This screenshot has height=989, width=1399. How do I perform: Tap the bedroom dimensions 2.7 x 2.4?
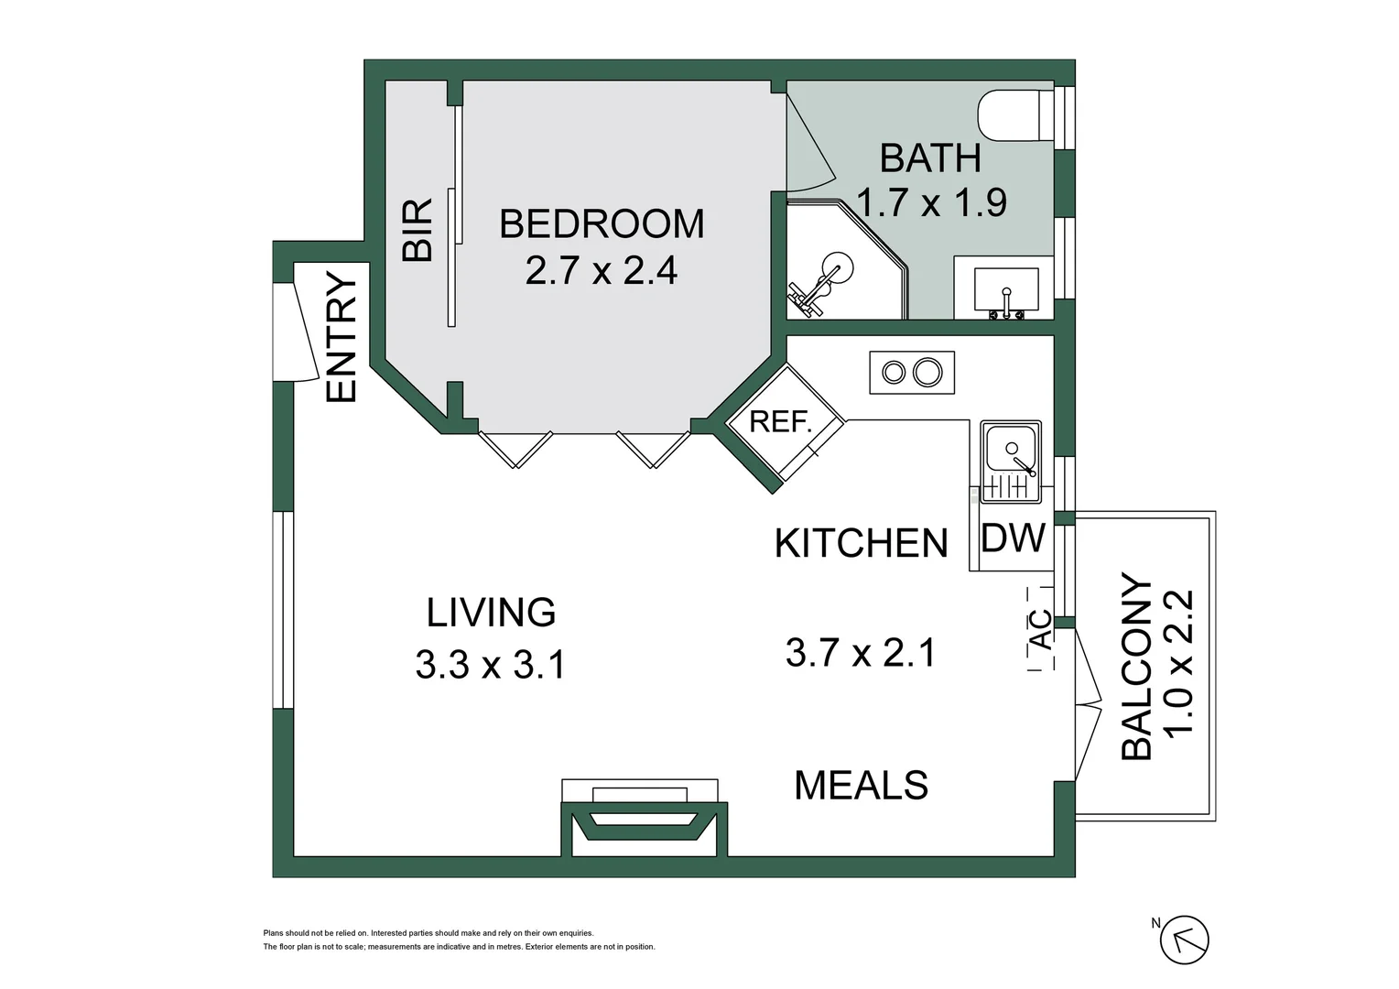click(x=602, y=271)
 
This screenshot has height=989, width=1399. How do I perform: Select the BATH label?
click(x=930, y=158)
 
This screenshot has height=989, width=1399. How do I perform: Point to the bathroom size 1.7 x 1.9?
click(x=931, y=202)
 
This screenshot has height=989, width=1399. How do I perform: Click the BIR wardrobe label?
click(x=418, y=229)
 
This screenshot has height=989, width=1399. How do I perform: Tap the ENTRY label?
click(x=341, y=337)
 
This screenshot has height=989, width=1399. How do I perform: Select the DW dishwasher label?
click(x=1013, y=538)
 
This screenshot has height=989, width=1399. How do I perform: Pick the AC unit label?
click(x=1040, y=629)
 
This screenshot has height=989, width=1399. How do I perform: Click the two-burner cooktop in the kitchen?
click(x=912, y=373)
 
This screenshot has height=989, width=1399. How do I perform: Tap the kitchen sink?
click(x=1011, y=462)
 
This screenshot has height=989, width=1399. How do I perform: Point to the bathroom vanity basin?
click(x=1006, y=289)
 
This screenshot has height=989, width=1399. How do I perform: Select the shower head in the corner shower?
click(x=837, y=267)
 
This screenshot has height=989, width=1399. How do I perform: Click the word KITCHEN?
click(x=862, y=544)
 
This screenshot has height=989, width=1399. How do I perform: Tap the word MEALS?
click(x=862, y=786)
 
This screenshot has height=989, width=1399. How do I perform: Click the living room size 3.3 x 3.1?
click(x=491, y=664)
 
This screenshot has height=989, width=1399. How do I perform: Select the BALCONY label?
click(x=1137, y=666)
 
